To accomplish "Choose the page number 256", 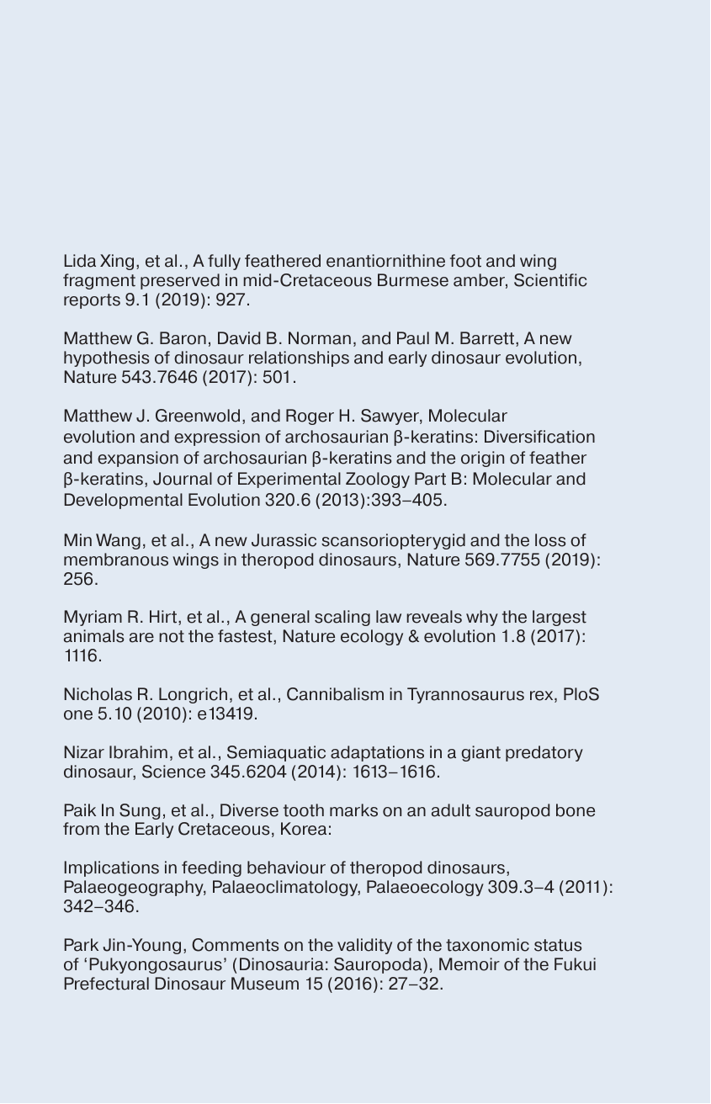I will (x=80, y=581).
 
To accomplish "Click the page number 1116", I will (x=82, y=657).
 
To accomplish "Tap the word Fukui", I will (x=574, y=965).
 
